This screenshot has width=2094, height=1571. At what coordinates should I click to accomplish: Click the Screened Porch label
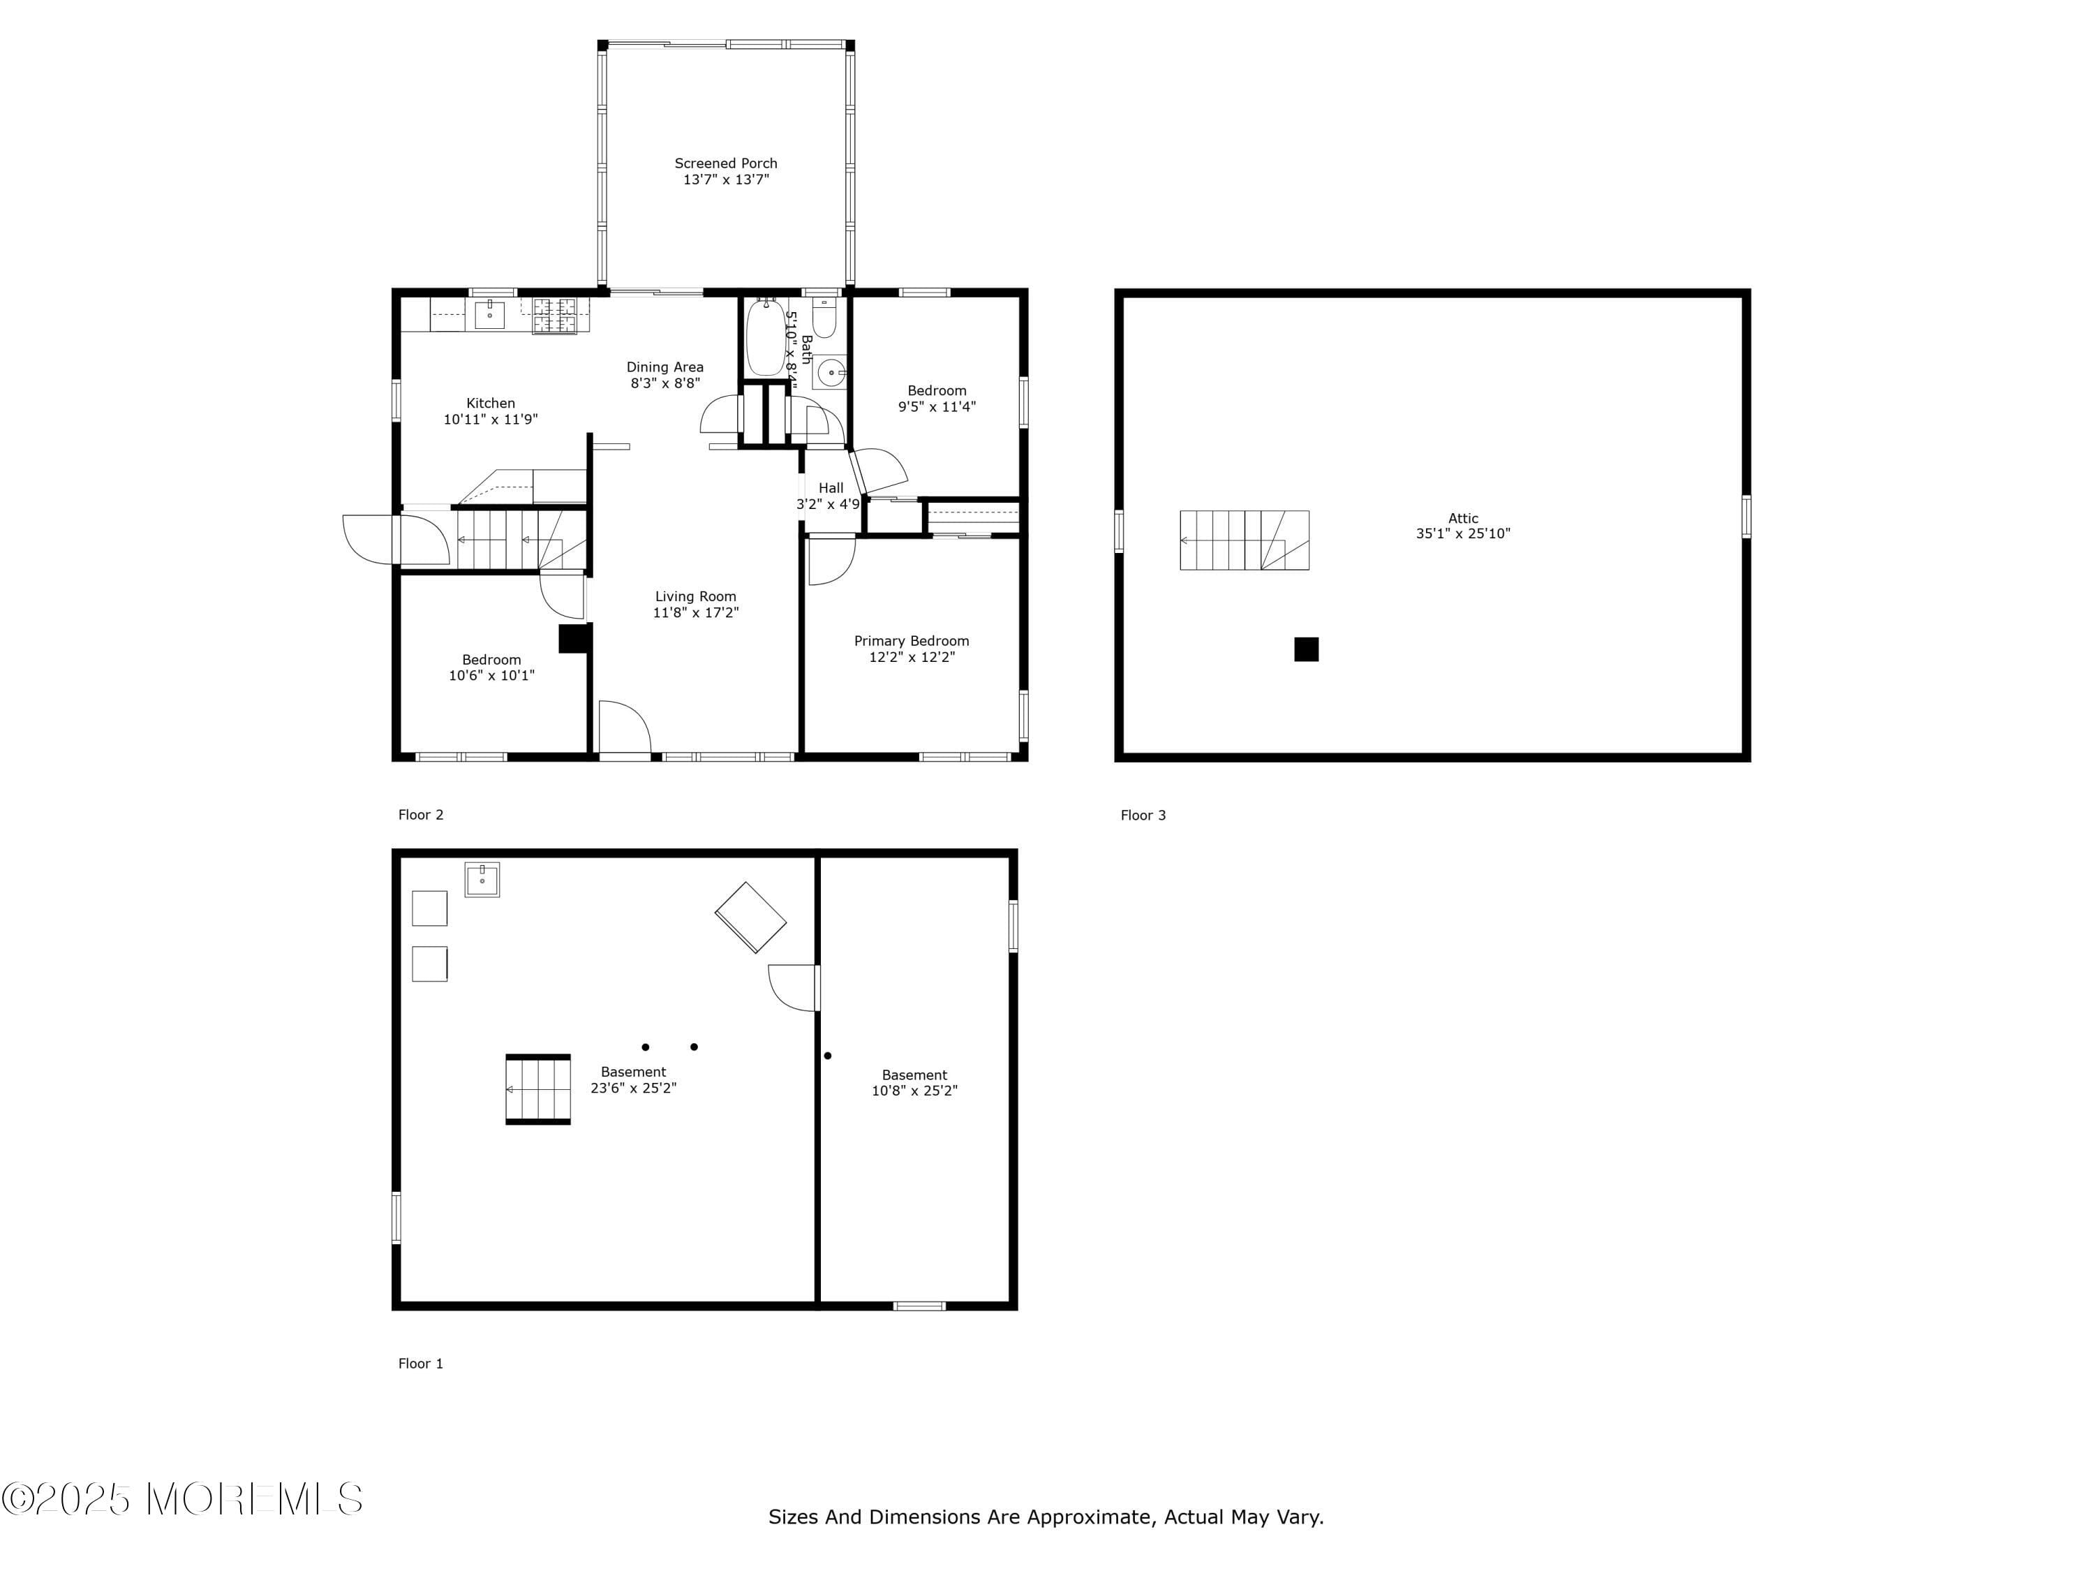click(725, 163)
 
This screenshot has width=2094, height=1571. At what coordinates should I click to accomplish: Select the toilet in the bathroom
click(824, 320)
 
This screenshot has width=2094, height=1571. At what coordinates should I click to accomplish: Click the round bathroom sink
click(830, 372)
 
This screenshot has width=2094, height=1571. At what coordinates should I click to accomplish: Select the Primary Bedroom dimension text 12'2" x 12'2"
click(912, 657)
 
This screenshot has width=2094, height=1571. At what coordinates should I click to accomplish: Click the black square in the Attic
click(1307, 649)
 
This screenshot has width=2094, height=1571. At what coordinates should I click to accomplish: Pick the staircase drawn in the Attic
click(1244, 540)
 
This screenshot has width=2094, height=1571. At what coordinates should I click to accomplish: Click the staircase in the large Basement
click(537, 1089)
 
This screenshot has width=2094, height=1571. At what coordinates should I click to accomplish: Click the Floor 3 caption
click(1143, 816)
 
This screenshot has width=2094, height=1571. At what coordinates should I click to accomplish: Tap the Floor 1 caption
click(420, 1364)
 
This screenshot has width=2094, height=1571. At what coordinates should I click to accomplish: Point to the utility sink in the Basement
click(482, 880)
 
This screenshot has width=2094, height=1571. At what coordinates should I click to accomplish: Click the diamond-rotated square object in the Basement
click(750, 917)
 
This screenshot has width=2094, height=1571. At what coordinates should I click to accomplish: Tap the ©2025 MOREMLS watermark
click(181, 1499)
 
